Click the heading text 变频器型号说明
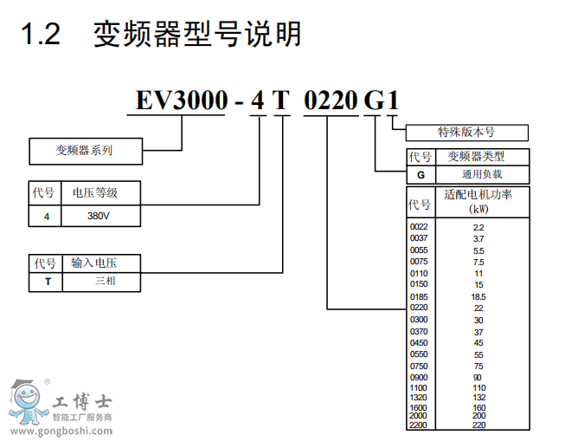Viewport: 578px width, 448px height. pos(197,34)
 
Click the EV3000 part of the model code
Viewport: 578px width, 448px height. pos(178,101)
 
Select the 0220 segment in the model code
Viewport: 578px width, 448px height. pos(329,101)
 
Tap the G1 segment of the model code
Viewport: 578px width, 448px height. pos(381,101)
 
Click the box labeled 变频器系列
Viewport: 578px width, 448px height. pos(84,151)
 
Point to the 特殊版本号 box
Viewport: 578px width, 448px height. pos(466,133)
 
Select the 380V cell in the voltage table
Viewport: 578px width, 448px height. pos(99,217)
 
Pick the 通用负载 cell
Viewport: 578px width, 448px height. pos(477,174)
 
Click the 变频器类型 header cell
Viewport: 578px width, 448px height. pos(475,157)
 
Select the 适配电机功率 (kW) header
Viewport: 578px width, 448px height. pos(478,201)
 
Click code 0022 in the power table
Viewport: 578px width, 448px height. pos(419,226)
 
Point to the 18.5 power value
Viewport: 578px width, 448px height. pos(478,296)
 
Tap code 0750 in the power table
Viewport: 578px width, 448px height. pos(419,367)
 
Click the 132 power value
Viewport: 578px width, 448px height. pos(478,397)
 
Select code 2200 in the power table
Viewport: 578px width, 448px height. pos(419,425)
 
